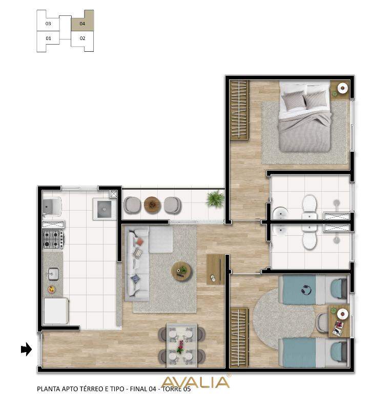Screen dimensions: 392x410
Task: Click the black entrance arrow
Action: [27, 350]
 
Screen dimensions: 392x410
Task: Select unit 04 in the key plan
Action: [82, 24]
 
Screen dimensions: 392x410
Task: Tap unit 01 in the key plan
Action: [48, 38]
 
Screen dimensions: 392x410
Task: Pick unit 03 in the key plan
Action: [48, 24]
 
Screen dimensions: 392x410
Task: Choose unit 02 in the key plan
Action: [82, 38]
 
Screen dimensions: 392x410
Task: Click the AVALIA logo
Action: [196, 382]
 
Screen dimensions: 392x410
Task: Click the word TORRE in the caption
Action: [172, 389]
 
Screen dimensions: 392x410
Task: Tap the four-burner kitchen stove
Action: [53, 239]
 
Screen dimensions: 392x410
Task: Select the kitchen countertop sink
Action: [53, 274]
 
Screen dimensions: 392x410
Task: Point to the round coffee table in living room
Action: [182, 272]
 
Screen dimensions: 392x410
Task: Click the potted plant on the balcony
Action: [216, 199]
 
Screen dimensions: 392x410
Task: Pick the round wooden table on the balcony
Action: [152, 204]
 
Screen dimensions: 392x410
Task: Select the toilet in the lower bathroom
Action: [310, 237]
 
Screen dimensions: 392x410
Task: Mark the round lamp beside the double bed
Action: [343, 88]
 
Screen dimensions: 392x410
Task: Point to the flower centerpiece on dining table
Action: [180, 346]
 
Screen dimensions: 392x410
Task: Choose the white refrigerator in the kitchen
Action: [56, 311]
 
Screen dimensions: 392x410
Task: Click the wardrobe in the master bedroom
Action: [239, 109]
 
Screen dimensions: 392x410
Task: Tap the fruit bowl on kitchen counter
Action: [51, 289]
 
